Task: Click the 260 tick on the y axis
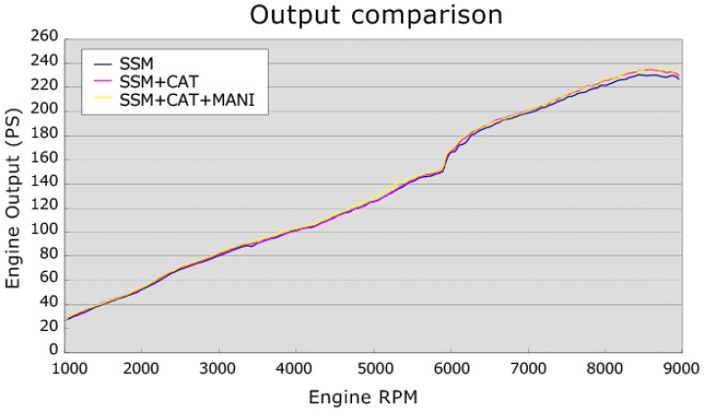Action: click(x=45, y=37)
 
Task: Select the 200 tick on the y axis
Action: click(x=45, y=110)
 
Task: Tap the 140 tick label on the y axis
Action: click(x=45, y=182)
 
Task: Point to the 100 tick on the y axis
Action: click(x=45, y=231)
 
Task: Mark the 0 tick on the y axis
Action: click(x=54, y=351)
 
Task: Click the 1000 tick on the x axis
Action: click(x=67, y=368)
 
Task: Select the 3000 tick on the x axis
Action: click(x=221, y=368)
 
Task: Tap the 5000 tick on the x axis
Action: click(x=374, y=368)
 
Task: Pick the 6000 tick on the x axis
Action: click(x=451, y=368)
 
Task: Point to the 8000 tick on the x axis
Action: click(x=603, y=368)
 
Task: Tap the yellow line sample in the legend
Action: click(x=100, y=99)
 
